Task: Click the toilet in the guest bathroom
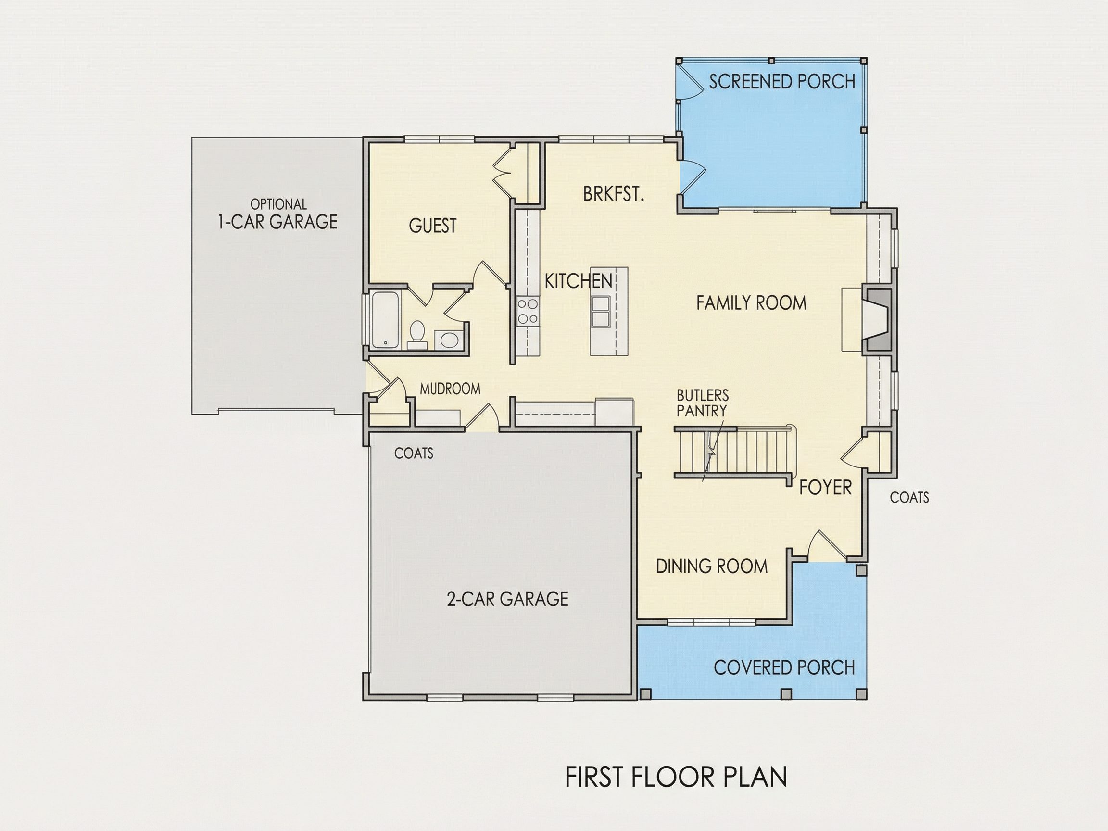417,334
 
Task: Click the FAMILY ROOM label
751,303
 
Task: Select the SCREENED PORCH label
782,82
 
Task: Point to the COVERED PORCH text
784,667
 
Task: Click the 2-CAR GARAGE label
507,599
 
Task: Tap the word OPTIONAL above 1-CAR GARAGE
278,204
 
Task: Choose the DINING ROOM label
712,567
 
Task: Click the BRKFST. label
613,194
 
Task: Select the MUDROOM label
450,389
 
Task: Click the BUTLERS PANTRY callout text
702,403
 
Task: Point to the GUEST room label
433,226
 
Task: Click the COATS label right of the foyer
909,497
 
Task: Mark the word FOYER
825,487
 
